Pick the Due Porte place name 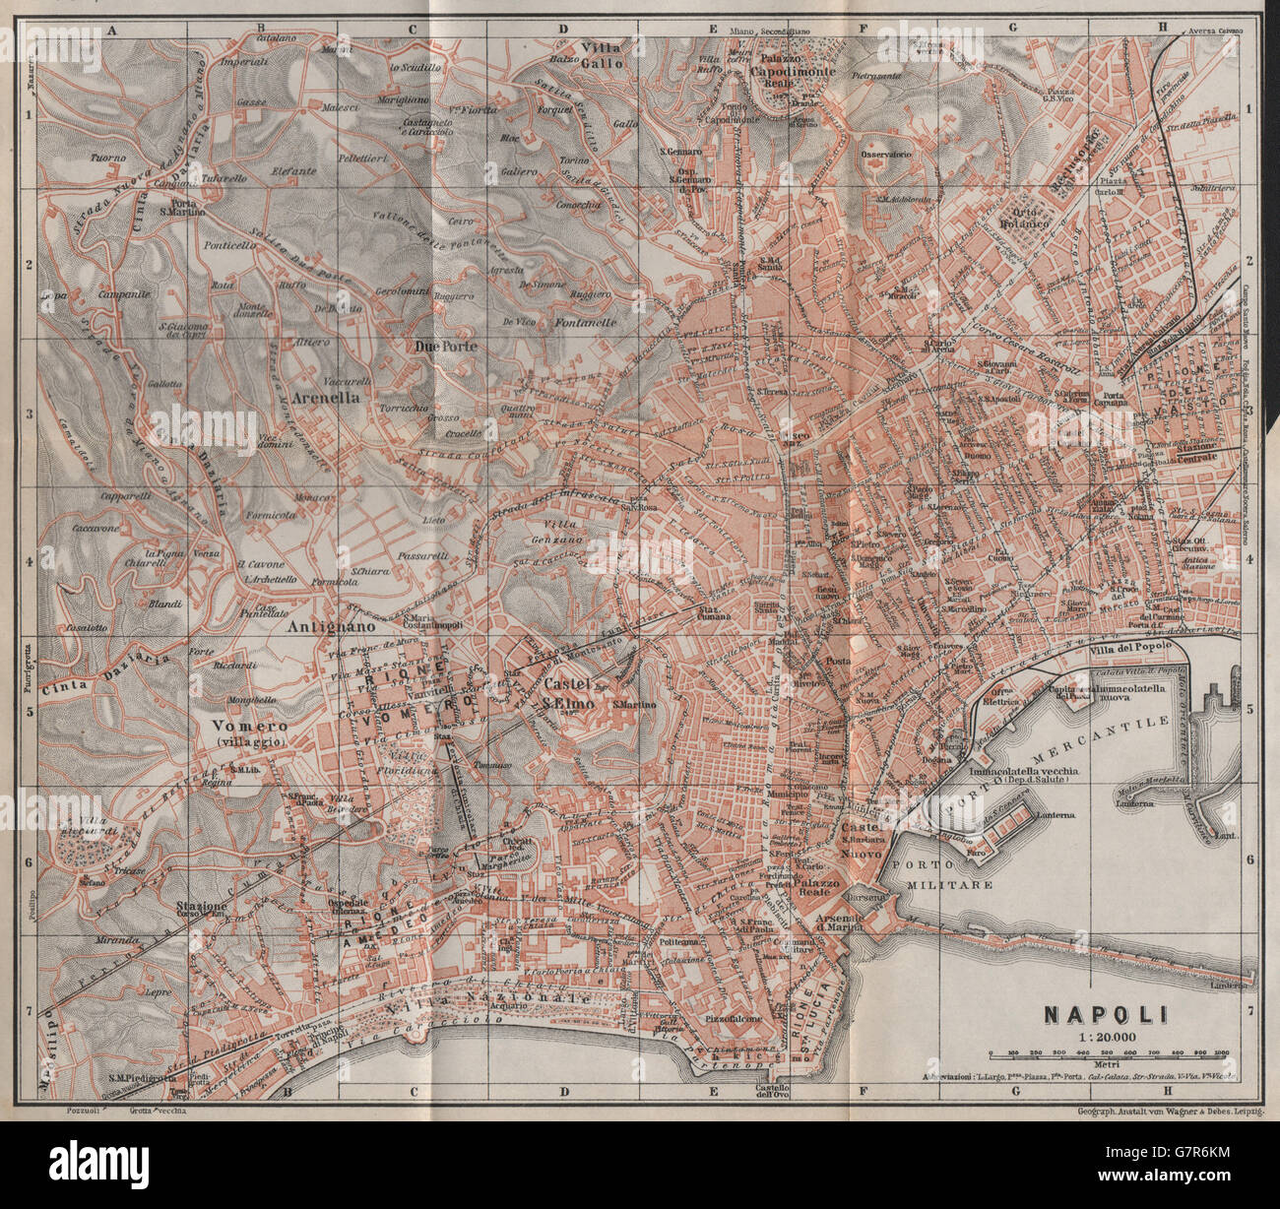(x=446, y=347)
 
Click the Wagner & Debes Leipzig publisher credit (x=1160, y=1112)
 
